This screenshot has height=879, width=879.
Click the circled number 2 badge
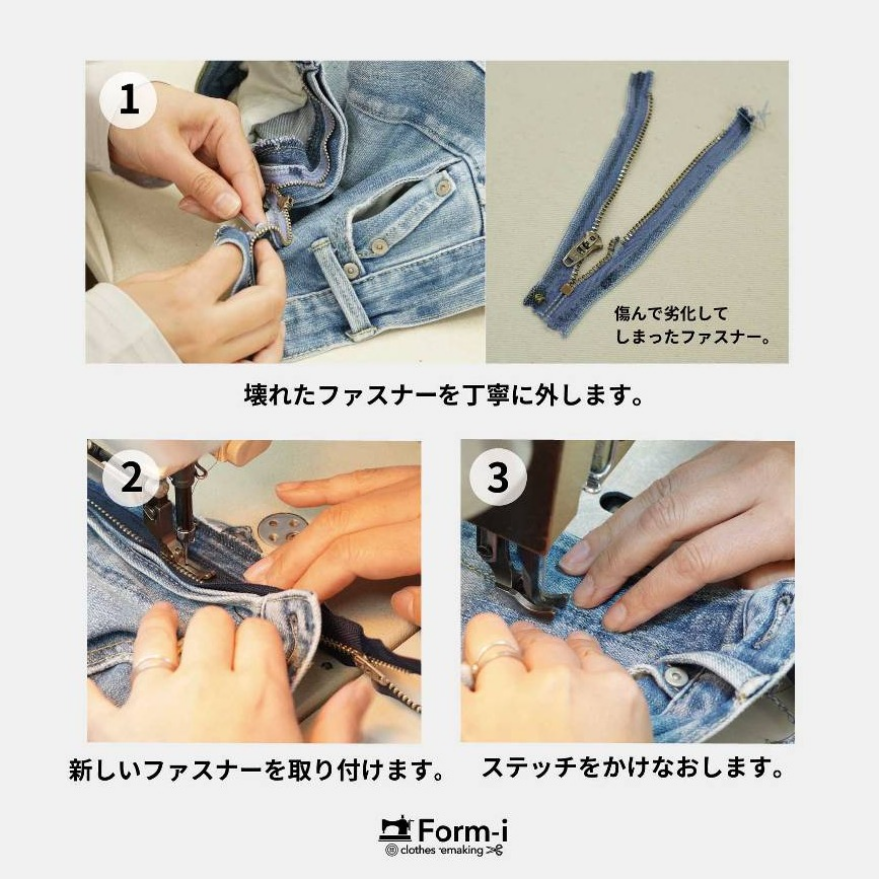(131, 479)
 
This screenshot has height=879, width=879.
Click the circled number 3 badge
(498, 479)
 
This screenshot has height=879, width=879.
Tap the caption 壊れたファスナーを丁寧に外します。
(439, 394)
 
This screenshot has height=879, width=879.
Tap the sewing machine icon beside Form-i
(396, 829)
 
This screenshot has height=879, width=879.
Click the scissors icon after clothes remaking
(494, 851)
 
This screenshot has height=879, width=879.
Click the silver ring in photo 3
(487, 658)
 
